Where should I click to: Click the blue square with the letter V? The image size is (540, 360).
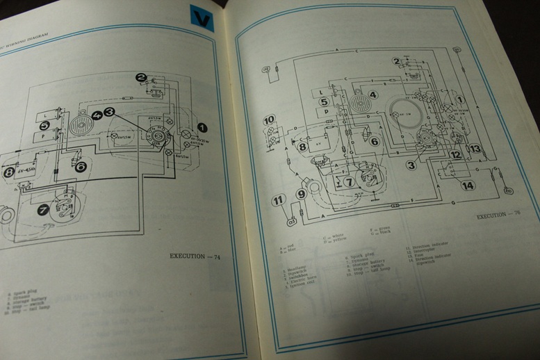click(202, 19)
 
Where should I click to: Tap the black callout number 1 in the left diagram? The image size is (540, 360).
click(202, 127)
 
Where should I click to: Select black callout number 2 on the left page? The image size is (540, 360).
click(141, 78)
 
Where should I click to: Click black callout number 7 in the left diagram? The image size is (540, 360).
click(43, 208)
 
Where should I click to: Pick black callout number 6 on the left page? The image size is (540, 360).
click(81, 167)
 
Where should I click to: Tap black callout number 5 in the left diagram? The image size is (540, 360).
click(44, 126)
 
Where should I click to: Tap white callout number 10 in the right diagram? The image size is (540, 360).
click(270, 120)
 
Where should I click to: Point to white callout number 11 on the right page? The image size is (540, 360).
click(278, 201)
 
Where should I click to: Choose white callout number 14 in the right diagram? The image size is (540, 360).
click(467, 186)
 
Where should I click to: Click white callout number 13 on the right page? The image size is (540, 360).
click(475, 149)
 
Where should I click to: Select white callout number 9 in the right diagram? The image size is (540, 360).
click(301, 195)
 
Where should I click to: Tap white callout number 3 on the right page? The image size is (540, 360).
click(411, 165)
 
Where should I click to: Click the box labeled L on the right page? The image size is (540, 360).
click(320, 91)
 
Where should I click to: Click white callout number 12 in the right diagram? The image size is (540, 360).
click(455, 155)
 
